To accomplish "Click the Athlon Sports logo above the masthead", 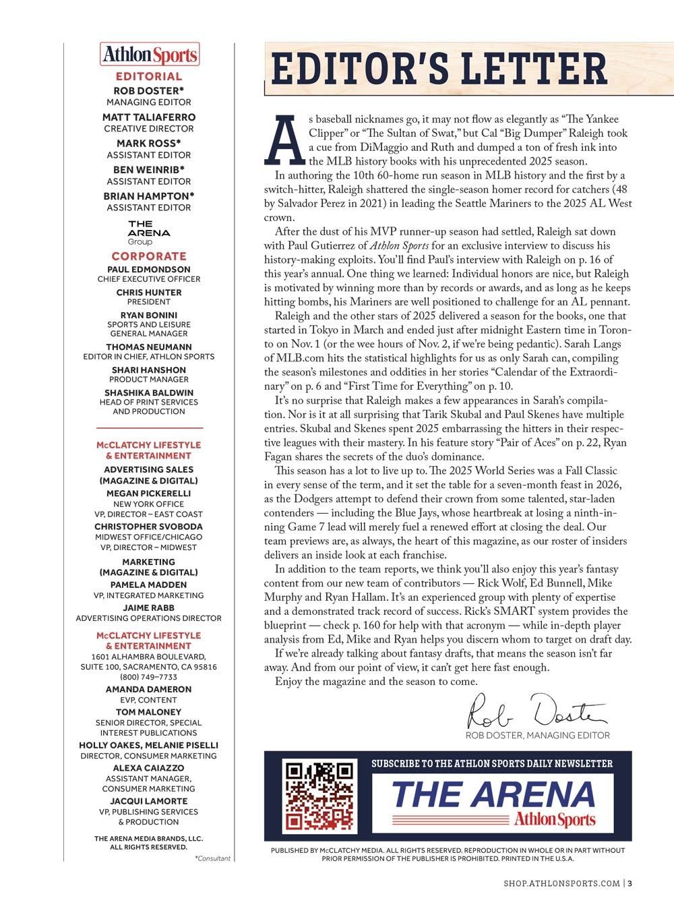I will (x=150, y=55).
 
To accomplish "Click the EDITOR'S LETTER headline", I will (x=439, y=69).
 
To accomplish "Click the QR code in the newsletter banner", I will (x=319, y=796).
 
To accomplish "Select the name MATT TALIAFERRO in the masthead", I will (x=149, y=117).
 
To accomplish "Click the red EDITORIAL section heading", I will (x=149, y=77).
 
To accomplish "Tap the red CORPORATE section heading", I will (x=149, y=256).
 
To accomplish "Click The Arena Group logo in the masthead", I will (x=149, y=232).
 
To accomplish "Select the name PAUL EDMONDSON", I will (x=149, y=270).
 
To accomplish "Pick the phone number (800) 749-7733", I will (x=149, y=677).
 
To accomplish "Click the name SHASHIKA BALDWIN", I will (x=149, y=392).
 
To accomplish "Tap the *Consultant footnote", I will (x=212, y=858).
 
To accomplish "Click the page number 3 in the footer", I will (x=630, y=883).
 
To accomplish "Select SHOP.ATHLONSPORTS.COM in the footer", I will (x=561, y=883).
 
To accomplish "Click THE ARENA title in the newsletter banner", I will (x=493, y=794).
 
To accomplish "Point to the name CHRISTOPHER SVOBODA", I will (x=149, y=527).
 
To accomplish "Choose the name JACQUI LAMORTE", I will (x=149, y=801).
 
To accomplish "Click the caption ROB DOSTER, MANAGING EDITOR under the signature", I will (x=537, y=736).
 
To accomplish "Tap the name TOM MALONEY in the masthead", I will (x=149, y=712).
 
